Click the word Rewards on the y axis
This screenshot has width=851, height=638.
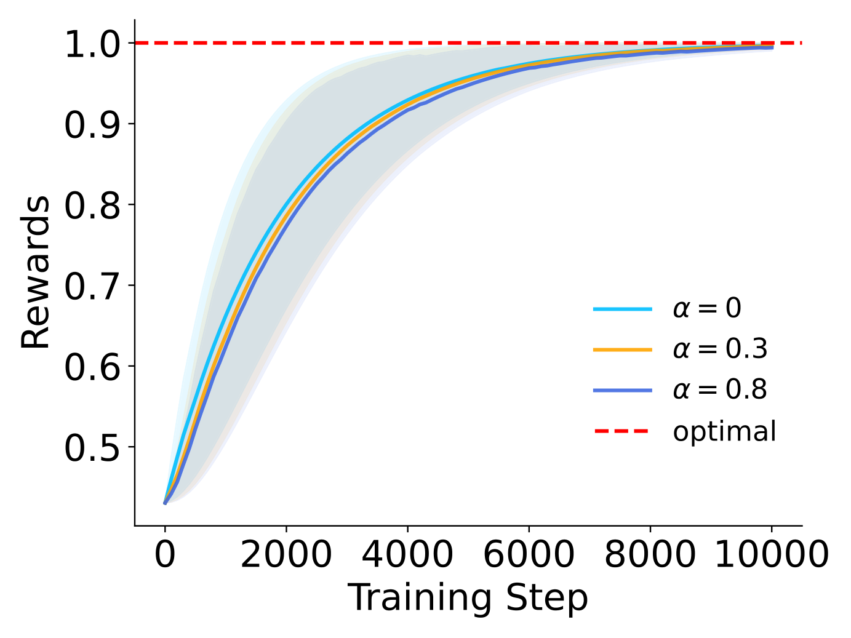click(36, 273)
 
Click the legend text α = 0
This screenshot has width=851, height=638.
click(707, 308)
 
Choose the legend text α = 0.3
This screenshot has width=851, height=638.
click(720, 349)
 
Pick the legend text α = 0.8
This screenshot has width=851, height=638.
click(720, 390)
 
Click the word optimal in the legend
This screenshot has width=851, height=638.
click(724, 431)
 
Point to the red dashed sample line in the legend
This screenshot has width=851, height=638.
click(622, 431)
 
